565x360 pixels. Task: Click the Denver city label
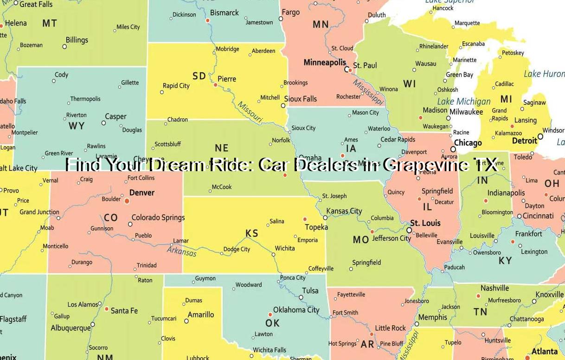click(142, 193)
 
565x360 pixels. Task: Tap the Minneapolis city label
click(325, 62)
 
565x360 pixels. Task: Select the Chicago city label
click(468, 143)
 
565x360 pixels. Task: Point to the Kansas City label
click(344, 211)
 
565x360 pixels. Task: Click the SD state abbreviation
click(199, 76)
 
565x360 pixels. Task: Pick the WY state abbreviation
click(76, 126)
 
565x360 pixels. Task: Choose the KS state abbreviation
click(252, 233)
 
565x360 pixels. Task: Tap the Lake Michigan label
click(463, 102)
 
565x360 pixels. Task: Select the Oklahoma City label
click(296, 310)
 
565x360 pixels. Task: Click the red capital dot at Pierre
click(215, 85)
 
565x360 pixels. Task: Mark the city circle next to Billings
click(64, 46)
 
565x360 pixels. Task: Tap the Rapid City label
click(176, 86)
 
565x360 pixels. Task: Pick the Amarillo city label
click(201, 315)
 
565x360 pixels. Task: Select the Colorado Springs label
click(158, 217)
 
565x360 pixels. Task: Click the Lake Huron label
click(544, 74)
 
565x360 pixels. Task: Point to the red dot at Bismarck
click(207, 20)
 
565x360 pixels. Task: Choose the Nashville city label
click(494, 288)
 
